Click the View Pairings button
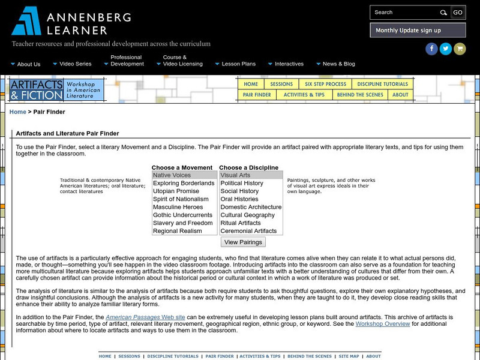pyautogui.click(x=243, y=242)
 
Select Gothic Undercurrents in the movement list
pyautogui.click(x=182, y=215)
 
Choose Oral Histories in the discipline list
pyautogui.click(x=239, y=199)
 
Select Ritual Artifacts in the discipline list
pyautogui.click(x=241, y=223)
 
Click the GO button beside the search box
pyautogui.click(x=457, y=12)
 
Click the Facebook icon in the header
pyautogui.click(x=431, y=49)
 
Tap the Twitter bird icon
pyautogui.click(x=445, y=49)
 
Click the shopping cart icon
pyautogui.click(x=460, y=49)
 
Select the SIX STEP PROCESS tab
pyautogui.click(x=325, y=85)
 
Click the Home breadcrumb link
pyautogui.click(x=18, y=112)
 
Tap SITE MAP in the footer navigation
pyautogui.click(x=349, y=356)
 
